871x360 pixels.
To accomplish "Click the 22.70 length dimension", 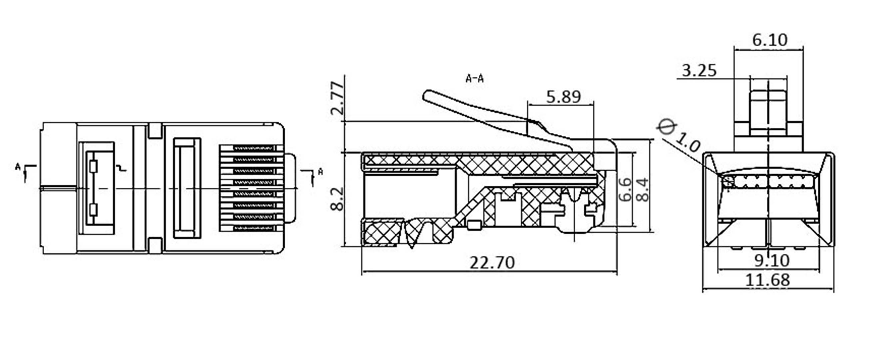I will click(x=492, y=263).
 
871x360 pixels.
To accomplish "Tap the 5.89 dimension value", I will click(x=563, y=97).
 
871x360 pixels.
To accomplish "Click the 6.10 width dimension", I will click(x=769, y=40).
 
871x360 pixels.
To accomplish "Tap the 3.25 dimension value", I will click(x=699, y=71).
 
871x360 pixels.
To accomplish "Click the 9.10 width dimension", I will click(x=771, y=260).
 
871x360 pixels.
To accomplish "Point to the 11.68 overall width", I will click(x=767, y=280).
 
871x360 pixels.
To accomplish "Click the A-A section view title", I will click(x=474, y=79).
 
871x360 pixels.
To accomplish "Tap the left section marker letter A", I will click(x=18, y=166).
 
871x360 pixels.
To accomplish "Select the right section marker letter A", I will click(x=320, y=172).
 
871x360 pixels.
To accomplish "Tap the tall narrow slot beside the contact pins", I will click(x=187, y=188).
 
